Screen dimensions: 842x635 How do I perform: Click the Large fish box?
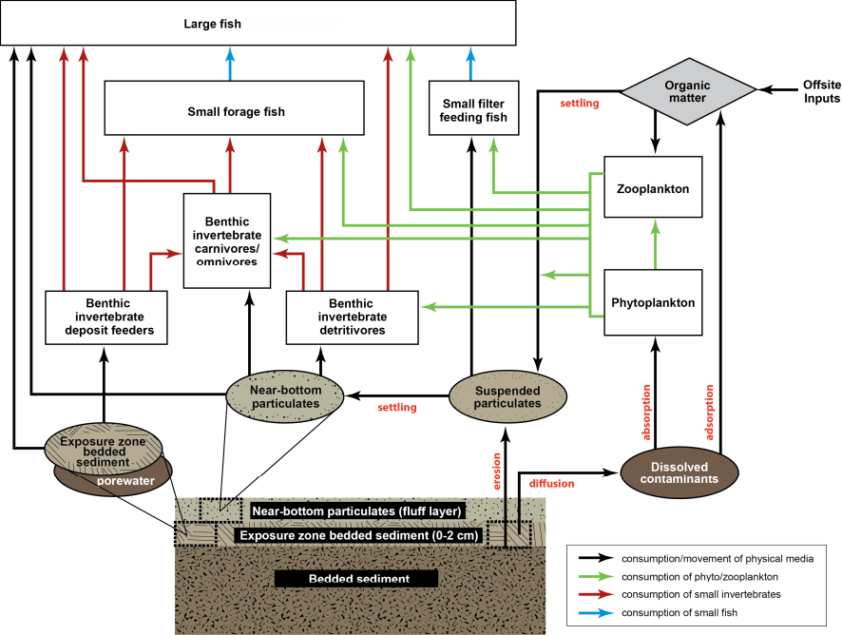(258, 23)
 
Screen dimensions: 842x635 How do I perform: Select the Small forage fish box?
(234, 108)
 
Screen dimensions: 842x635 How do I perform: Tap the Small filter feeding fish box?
(473, 108)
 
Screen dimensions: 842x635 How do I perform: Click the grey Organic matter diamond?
(688, 92)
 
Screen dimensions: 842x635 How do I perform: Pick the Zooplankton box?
(653, 187)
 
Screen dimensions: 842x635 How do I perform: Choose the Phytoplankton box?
(653, 302)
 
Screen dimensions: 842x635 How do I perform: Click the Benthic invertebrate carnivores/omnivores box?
(227, 241)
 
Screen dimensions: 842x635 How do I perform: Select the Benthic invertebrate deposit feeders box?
(106, 317)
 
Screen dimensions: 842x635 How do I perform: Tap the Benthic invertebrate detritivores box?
(353, 317)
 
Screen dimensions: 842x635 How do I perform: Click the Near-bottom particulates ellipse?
(284, 396)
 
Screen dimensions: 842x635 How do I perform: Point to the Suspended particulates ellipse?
(507, 396)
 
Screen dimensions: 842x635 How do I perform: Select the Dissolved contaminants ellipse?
(679, 472)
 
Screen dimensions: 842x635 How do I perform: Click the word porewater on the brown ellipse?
(125, 481)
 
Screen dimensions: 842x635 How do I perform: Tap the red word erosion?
(497, 471)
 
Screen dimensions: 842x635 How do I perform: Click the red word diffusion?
(551, 484)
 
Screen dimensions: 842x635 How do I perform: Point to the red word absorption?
(646, 412)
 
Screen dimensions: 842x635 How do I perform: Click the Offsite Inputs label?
(822, 91)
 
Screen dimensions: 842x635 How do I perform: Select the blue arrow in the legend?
(596, 612)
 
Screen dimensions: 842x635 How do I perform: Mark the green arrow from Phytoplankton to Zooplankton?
(655, 244)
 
